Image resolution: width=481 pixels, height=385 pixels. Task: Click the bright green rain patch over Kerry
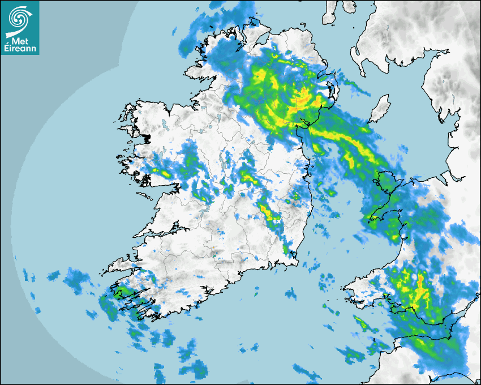point(120,293)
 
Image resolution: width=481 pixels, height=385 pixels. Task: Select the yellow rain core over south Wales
point(419,289)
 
